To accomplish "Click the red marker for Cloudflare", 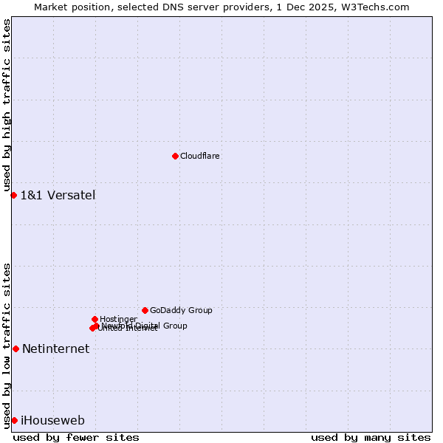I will [x=175, y=156].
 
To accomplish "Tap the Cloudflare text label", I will [x=200, y=157].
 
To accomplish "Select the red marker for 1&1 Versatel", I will [x=13, y=195].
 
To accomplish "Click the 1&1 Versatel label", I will [x=58, y=196].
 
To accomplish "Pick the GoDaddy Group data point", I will [x=145, y=310].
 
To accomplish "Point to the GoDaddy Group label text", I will [x=181, y=311].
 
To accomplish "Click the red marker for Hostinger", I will [x=95, y=319].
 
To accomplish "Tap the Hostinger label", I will [x=118, y=319].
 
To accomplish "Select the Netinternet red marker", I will [x=16, y=348].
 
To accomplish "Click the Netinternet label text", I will [x=55, y=349].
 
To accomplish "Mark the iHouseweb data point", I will [x=14, y=420].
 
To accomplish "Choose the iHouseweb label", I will [x=52, y=421].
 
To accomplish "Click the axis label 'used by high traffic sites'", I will [x=7, y=106].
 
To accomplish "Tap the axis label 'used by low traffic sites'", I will [x=7, y=345].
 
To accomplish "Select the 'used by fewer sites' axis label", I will [x=76, y=437].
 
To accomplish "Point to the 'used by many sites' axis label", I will [x=371, y=437].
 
